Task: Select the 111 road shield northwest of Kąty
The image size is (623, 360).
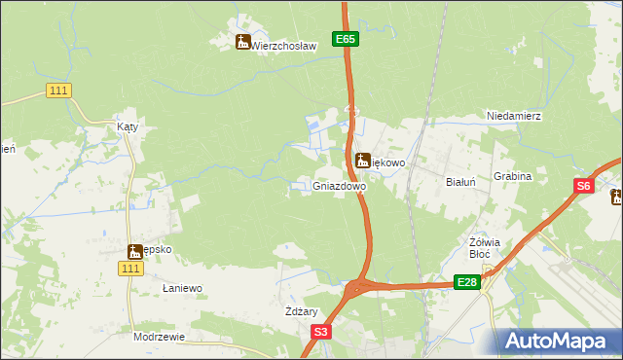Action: click(x=58, y=90)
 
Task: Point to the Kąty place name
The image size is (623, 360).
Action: click(x=128, y=126)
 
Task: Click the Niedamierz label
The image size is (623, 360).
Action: click(x=514, y=116)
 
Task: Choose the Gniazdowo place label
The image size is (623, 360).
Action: click(x=340, y=185)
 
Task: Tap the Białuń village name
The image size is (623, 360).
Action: click(x=459, y=182)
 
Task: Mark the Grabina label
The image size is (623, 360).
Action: click(x=512, y=177)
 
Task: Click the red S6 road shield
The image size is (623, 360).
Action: click(x=583, y=186)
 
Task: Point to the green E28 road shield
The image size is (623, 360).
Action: click(x=467, y=282)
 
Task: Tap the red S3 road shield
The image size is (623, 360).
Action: click(x=322, y=332)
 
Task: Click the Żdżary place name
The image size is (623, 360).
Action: click(x=302, y=311)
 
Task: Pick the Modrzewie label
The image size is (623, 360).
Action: click(x=159, y=337)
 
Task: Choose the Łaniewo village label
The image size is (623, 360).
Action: click(x=182, y=288)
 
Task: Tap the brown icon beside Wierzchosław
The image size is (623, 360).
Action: click(x=242, y=42)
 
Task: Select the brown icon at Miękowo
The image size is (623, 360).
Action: click(x=362, y=160)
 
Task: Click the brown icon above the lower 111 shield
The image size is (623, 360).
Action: click(x=134, y=251)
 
